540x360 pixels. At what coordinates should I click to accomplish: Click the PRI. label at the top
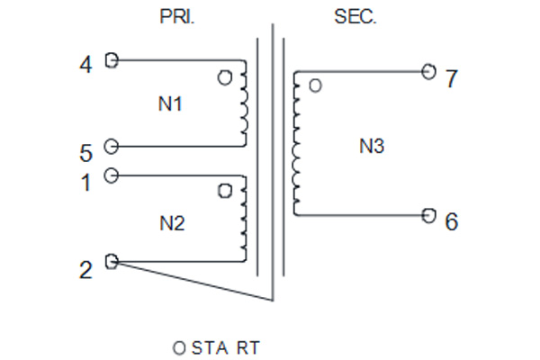pyautogui.click(x=177, y=16)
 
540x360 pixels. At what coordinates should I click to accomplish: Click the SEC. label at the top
pyautogui.click(x=355, y=16)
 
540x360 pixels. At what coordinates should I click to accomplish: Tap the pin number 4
pyautogui.click(x=85, y=65)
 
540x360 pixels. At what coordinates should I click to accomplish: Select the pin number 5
pyautogui.click(x=86, y=153)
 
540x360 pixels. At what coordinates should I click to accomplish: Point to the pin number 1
pyautogui.click(x=85, y=183)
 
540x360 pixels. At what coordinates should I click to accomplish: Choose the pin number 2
pyautogui.click(x=85, y=270)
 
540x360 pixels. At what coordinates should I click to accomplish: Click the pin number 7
pyautogui.click(x=452, y=78)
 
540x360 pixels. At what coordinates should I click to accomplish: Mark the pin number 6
pyautogui.click(x=452, y=221)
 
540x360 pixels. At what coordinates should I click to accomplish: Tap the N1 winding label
pyautogui.click(x=170, y=103)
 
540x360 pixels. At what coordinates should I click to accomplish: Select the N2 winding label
pyautogui.click(x=172, y=223)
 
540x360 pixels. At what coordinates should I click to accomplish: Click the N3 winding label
pyautogui.click(x=372, y=146)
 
